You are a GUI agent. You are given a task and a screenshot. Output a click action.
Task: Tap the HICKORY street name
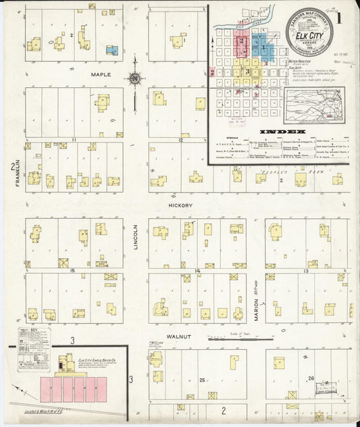point(181,205)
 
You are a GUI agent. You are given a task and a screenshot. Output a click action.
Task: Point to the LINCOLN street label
point(135,238)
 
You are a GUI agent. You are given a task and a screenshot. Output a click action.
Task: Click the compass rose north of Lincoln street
point(135,80)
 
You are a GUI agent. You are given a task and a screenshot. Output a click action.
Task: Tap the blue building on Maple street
point(113,50)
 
